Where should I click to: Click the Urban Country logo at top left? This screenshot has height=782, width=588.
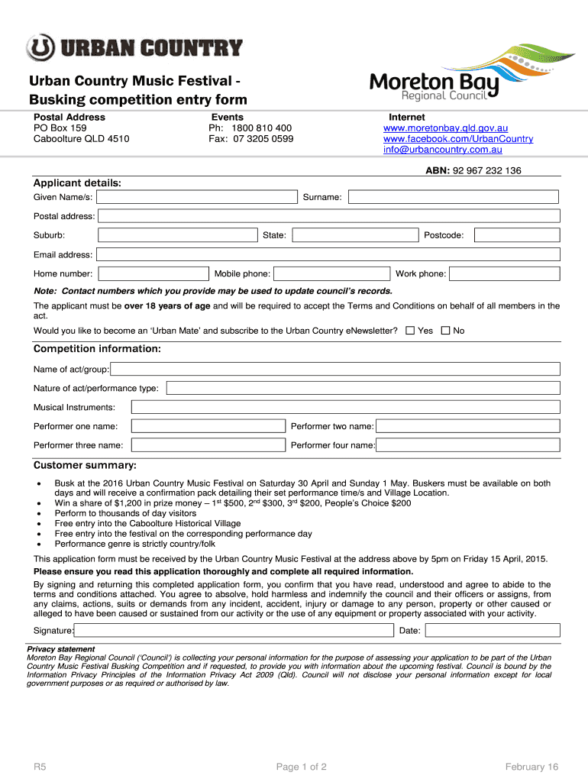pyautogui.click(x=134, y=47)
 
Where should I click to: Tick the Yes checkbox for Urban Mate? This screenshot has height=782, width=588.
pyautogui.click(x=410, y=331)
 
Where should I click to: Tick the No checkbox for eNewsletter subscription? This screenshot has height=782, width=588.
pyautogui.click(x=445, y=331)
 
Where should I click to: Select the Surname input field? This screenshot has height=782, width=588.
pyautogui.click(x=454, y=198)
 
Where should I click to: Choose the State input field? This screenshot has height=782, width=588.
pyautogui.click(x=355, y=235)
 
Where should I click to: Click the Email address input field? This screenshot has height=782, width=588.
pyautogui.click(x=328, y=254)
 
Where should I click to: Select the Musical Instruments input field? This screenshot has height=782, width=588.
pyautogui.click(x=346, y=408)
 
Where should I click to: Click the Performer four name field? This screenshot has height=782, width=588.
pyautogui.click(x=468, y=445)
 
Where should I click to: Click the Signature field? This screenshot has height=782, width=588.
pyautogui.click(x=233, y=630)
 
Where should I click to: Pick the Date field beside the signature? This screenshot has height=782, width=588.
pyautogui.click(x=492, y=630)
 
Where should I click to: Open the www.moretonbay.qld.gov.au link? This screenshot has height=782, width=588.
pyautogui.click(x=445, y=128)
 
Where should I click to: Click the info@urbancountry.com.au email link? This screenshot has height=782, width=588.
pyautogui.click(x=442, y=150)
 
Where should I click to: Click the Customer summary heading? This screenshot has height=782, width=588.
pyautogui.click(x=85, y=465)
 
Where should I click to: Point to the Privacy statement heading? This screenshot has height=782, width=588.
pyautogui.click(x=61, y=649)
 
